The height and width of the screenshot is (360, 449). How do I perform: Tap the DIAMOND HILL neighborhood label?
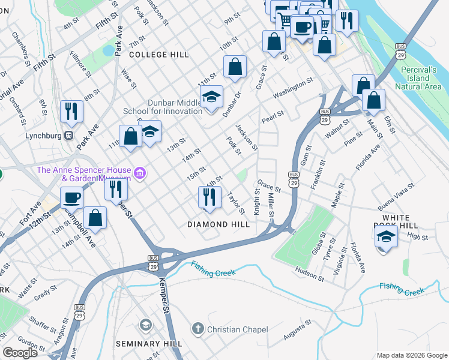218,224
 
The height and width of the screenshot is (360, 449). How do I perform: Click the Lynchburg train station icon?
69,136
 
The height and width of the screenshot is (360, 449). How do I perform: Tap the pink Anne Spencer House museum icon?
139,174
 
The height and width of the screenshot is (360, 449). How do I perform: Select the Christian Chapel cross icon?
197,329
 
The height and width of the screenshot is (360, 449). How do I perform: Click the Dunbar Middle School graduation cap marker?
211,97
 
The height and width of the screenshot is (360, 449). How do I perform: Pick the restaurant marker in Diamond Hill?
208,196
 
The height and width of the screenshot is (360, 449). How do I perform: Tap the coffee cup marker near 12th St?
71,197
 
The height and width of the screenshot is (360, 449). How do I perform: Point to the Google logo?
20,353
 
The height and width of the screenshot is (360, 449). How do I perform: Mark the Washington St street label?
293,88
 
